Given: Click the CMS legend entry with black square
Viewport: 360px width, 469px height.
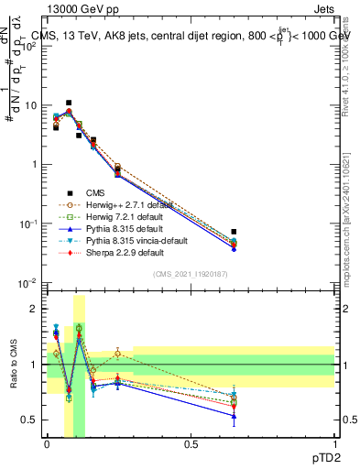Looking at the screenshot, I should (x=98, y=193).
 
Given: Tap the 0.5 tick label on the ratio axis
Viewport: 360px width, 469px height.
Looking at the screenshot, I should (x=31, y=420).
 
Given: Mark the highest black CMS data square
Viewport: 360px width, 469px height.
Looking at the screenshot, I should (x=69, y=104).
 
